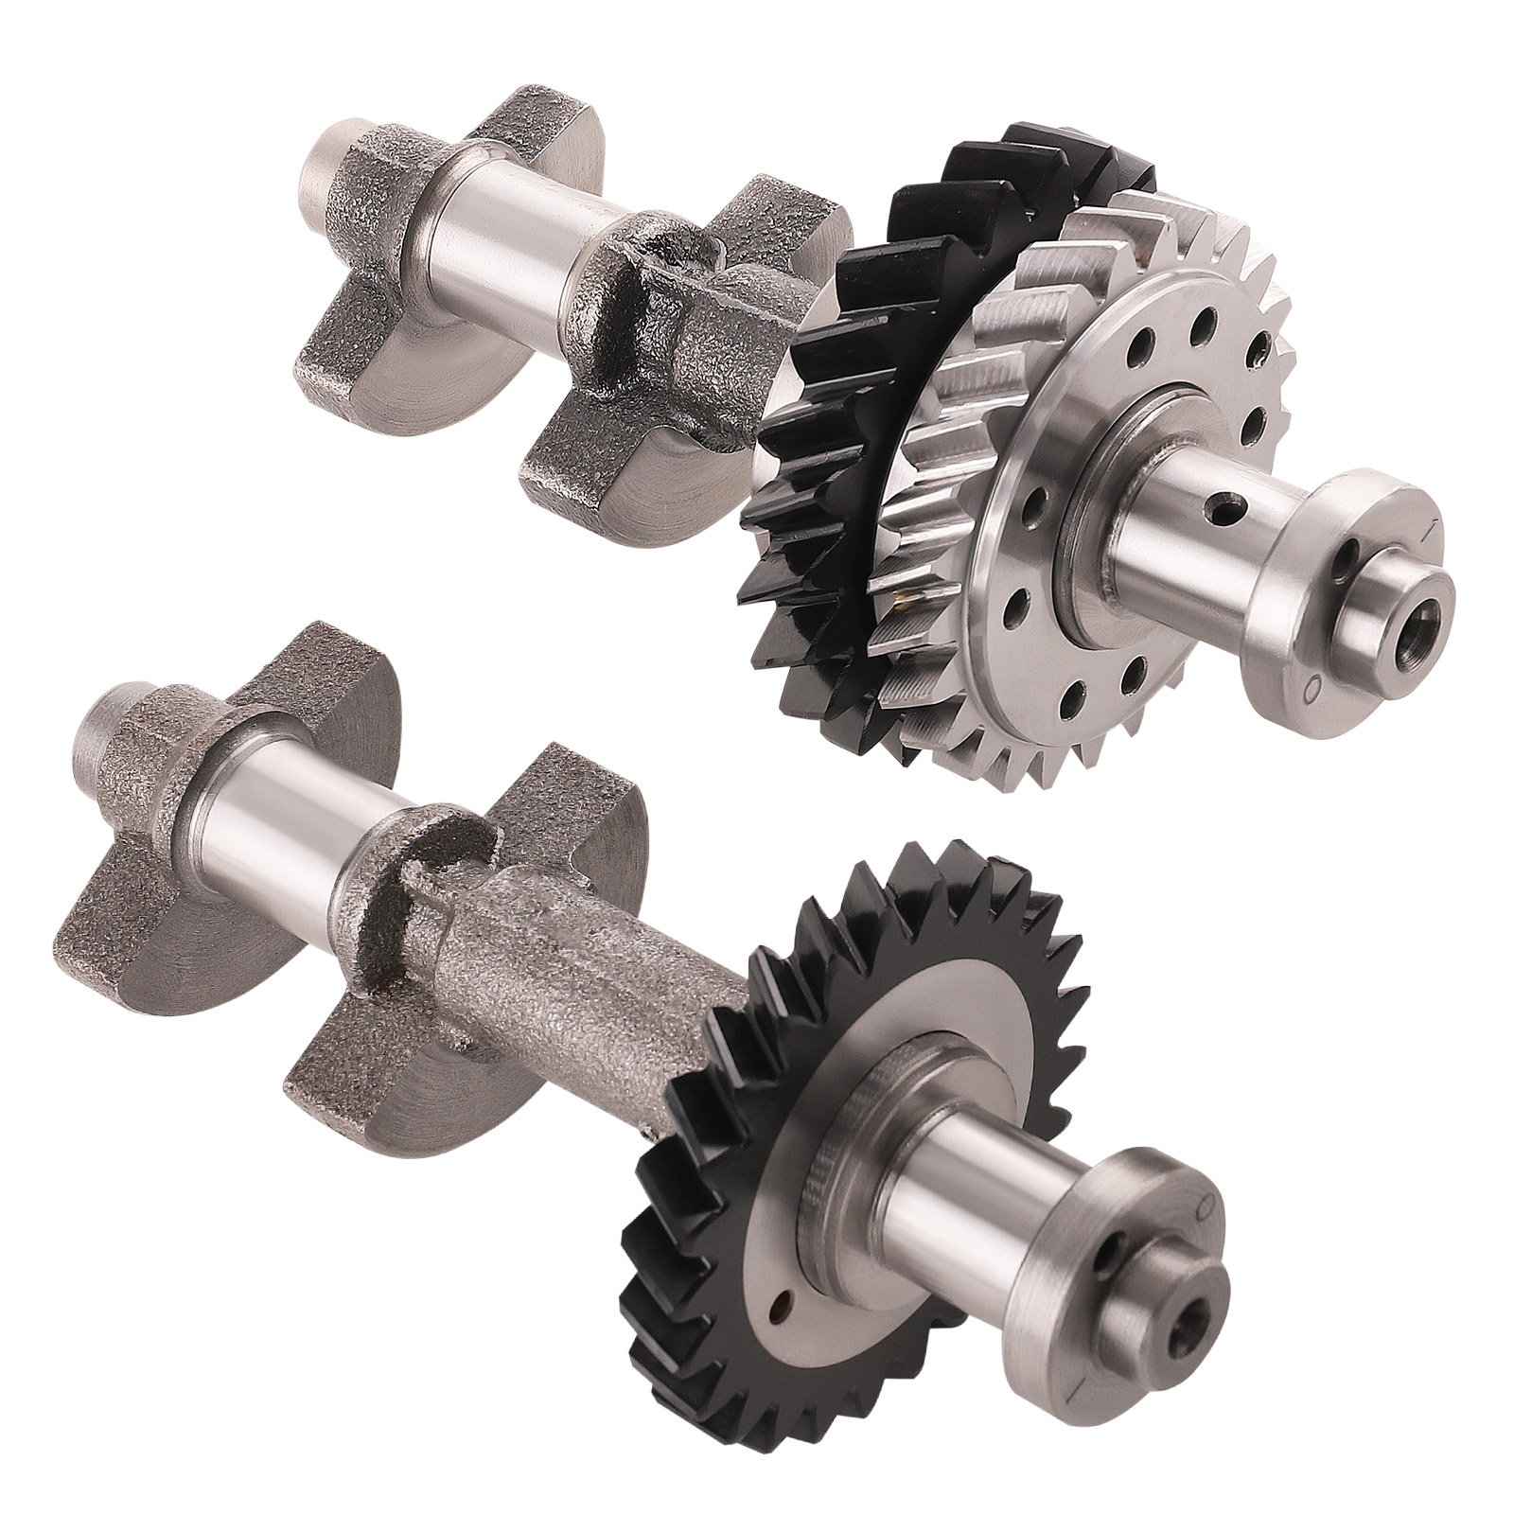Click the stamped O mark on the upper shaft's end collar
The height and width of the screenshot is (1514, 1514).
(x=1309, y=690)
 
